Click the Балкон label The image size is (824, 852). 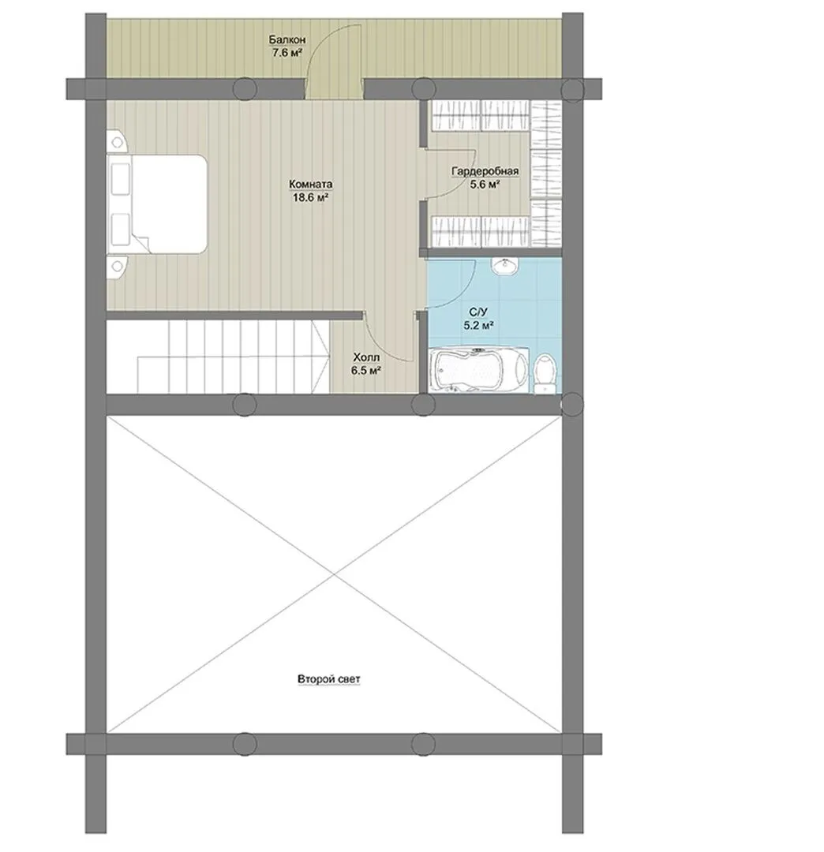[x=287, y=39]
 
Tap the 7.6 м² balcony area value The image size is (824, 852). [x=287, y=53]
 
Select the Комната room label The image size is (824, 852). [x=310, y=184]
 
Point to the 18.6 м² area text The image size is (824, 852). [x=310, y=198]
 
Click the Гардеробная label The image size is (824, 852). [x=485, y=171]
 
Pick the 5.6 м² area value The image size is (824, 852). [x=485, y=184]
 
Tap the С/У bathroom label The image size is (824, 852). [x=478, y=312]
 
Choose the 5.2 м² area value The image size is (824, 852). [x=478, y=326]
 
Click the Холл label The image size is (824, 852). [x=365, y=357]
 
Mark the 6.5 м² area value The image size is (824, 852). [x=365, y=371]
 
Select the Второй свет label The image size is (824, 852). [x=329, y=679]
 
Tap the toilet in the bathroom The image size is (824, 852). [x=545, y=373]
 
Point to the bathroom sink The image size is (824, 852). [x=505, y=267]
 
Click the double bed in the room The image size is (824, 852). [x=157, y=204]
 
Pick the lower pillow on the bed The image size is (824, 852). [x=120, y=230]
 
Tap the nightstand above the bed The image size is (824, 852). [x=117, y=141]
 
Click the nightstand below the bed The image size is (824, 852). [x=117, y=267]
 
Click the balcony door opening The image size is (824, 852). [x=334, y=88]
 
